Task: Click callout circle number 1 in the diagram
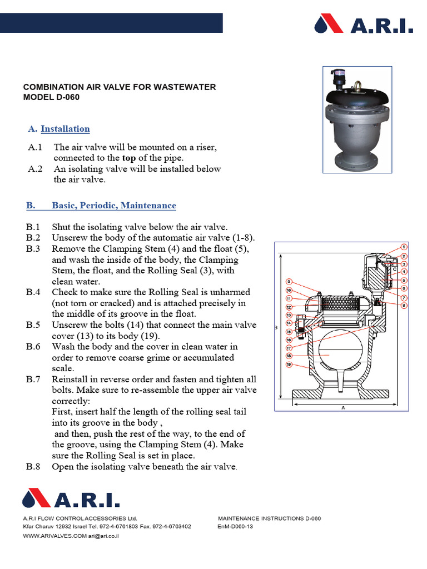[x=404, y=247]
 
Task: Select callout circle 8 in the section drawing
[x=404, y=305]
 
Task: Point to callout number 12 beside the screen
[x=289, y=307]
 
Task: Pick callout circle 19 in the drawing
[x=289, y=365]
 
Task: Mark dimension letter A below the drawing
[x=344, y=407]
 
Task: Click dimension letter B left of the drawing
[x=276, y=328]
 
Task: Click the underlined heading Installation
[x=65, y=129]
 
